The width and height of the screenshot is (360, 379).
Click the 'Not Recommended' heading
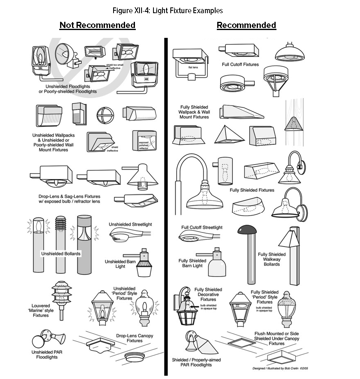pyautogui.click(x=97, y=25)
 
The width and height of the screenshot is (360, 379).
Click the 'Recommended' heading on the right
pyautogui.click(x=246, y=25)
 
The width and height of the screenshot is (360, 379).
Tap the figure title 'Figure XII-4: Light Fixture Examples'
pyautogui.click(x=167, y=10)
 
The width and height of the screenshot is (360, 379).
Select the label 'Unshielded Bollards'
pyautogui.click(x=61, y=254)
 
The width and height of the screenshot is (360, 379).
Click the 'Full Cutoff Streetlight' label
pyautogui.click(x=202, y=228)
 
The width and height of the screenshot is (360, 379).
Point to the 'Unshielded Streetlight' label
pyautogui.click(x=130, y=224)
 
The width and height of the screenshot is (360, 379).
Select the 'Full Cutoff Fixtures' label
pyautogui.click(x=240, y=65)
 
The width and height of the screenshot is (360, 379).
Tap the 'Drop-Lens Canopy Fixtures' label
pyautogui.click(x=135, y=338)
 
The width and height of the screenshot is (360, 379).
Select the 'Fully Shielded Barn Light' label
pyautogui.click(x=192, y=263)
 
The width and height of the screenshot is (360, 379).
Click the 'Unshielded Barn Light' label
pyautogui.click(x=120, y=264)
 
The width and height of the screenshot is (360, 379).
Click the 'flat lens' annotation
pyautogui.click(x=193, y=67)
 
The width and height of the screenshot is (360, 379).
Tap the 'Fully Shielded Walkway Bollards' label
pyautogui.click(x=272, y=259)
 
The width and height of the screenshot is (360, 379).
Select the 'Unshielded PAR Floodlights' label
pyautogui.click(x=50, y=355)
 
